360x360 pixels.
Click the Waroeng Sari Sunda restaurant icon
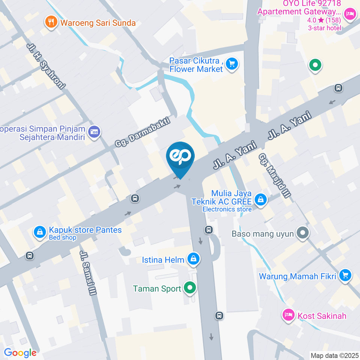pos(51,22)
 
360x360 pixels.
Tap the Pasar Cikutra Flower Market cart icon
pos(232,64)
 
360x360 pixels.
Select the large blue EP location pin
pos(180,157)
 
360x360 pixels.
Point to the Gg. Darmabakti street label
pos(142,132)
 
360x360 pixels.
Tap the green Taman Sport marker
pos(190,288)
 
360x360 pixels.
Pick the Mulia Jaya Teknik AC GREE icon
pos(260,200)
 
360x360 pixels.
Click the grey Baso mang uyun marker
pos(302,233)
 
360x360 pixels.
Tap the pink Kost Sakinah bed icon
pos(288,315)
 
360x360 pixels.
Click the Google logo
pos(20,352)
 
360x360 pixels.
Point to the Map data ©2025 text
pos(334,355)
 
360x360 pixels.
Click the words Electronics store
pos(227,209)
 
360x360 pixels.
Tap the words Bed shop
pos(62,237)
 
